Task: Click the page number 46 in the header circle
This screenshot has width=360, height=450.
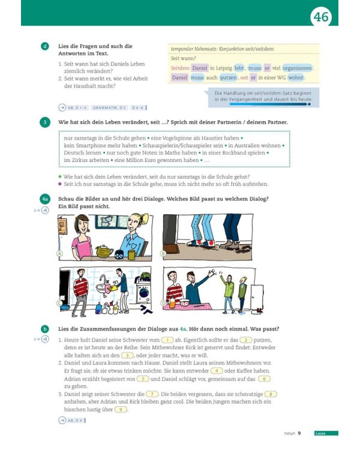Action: pos(321,17)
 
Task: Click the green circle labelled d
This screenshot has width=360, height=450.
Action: pos(45,46)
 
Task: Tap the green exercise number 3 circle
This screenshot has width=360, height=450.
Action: pos(45,122)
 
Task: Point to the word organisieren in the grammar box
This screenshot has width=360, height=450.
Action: pos(297,68)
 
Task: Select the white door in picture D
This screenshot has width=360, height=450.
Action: pos(257,296)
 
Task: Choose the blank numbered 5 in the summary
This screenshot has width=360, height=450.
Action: pos(142,379)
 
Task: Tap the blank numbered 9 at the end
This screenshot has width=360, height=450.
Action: pos(121,409)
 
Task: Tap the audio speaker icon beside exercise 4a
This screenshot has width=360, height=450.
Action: pos(44,210)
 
